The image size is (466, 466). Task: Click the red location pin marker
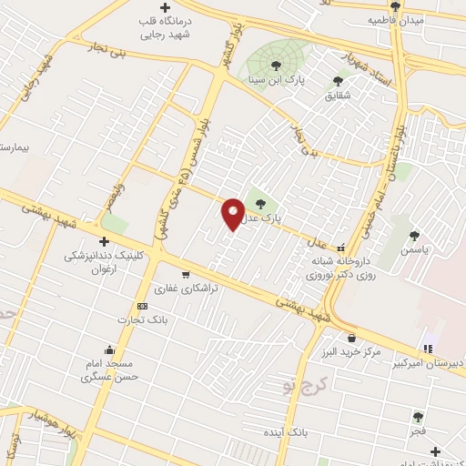234,213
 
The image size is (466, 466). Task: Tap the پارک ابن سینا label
277,79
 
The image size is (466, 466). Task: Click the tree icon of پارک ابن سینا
277,65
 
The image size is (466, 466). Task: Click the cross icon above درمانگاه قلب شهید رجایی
165,8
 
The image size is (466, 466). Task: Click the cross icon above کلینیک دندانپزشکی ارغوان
104,241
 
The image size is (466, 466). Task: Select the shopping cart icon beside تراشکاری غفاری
187,274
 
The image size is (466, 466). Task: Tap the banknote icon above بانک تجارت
142,306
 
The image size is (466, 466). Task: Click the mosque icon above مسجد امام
110,349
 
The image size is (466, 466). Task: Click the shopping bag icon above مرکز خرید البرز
351,339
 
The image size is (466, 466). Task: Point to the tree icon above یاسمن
415,236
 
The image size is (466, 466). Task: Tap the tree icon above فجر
418,417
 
